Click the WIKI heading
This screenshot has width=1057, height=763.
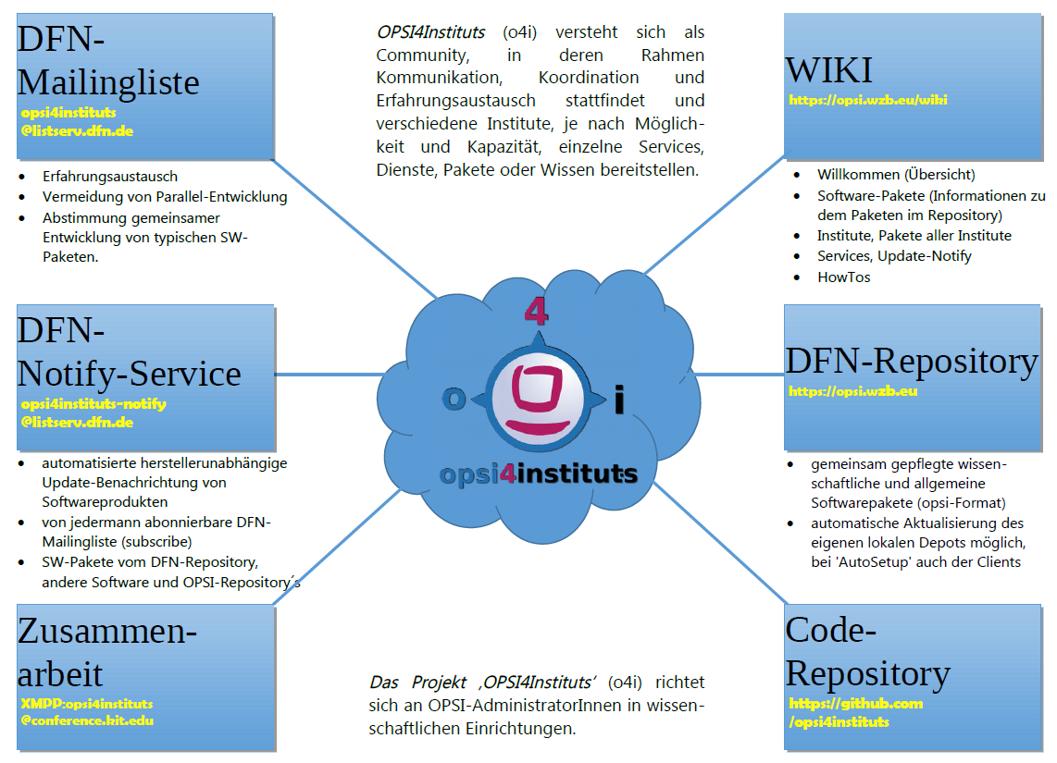[x=828, y=70]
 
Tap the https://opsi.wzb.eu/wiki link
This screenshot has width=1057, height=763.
[x=868, y=100]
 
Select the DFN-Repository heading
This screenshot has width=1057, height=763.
[x=911, y=361]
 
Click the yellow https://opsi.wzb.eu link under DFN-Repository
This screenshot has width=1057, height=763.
[x=852, y=391]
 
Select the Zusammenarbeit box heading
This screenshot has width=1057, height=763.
[x=106, y=653]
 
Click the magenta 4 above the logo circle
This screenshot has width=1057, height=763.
[x=536, y=311]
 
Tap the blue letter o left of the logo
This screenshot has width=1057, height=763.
[x=454, y=398]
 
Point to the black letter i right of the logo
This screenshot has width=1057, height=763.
[x=619, y=401]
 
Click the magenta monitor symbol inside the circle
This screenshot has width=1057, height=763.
[x=536, y=399]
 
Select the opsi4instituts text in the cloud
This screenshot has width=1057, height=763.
[x=539, y=474]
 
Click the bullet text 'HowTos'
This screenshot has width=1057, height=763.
[x=843, y=277]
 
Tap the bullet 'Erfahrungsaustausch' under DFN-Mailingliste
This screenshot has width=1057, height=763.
[x=110, y=176]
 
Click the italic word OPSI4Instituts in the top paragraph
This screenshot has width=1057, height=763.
[x=430, y=32]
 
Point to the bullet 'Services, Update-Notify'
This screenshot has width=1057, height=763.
[x=893, y=255]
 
